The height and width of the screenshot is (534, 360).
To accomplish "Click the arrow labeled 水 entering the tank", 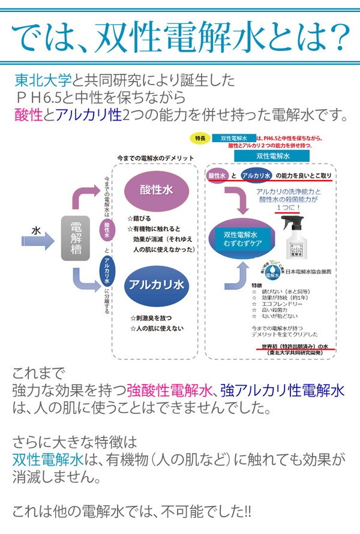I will click(x=40, y=232).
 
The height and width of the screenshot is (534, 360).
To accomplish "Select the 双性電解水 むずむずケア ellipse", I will click(x=240, y=239).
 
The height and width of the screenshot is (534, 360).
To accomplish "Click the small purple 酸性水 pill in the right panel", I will click(x=217, y=175).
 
